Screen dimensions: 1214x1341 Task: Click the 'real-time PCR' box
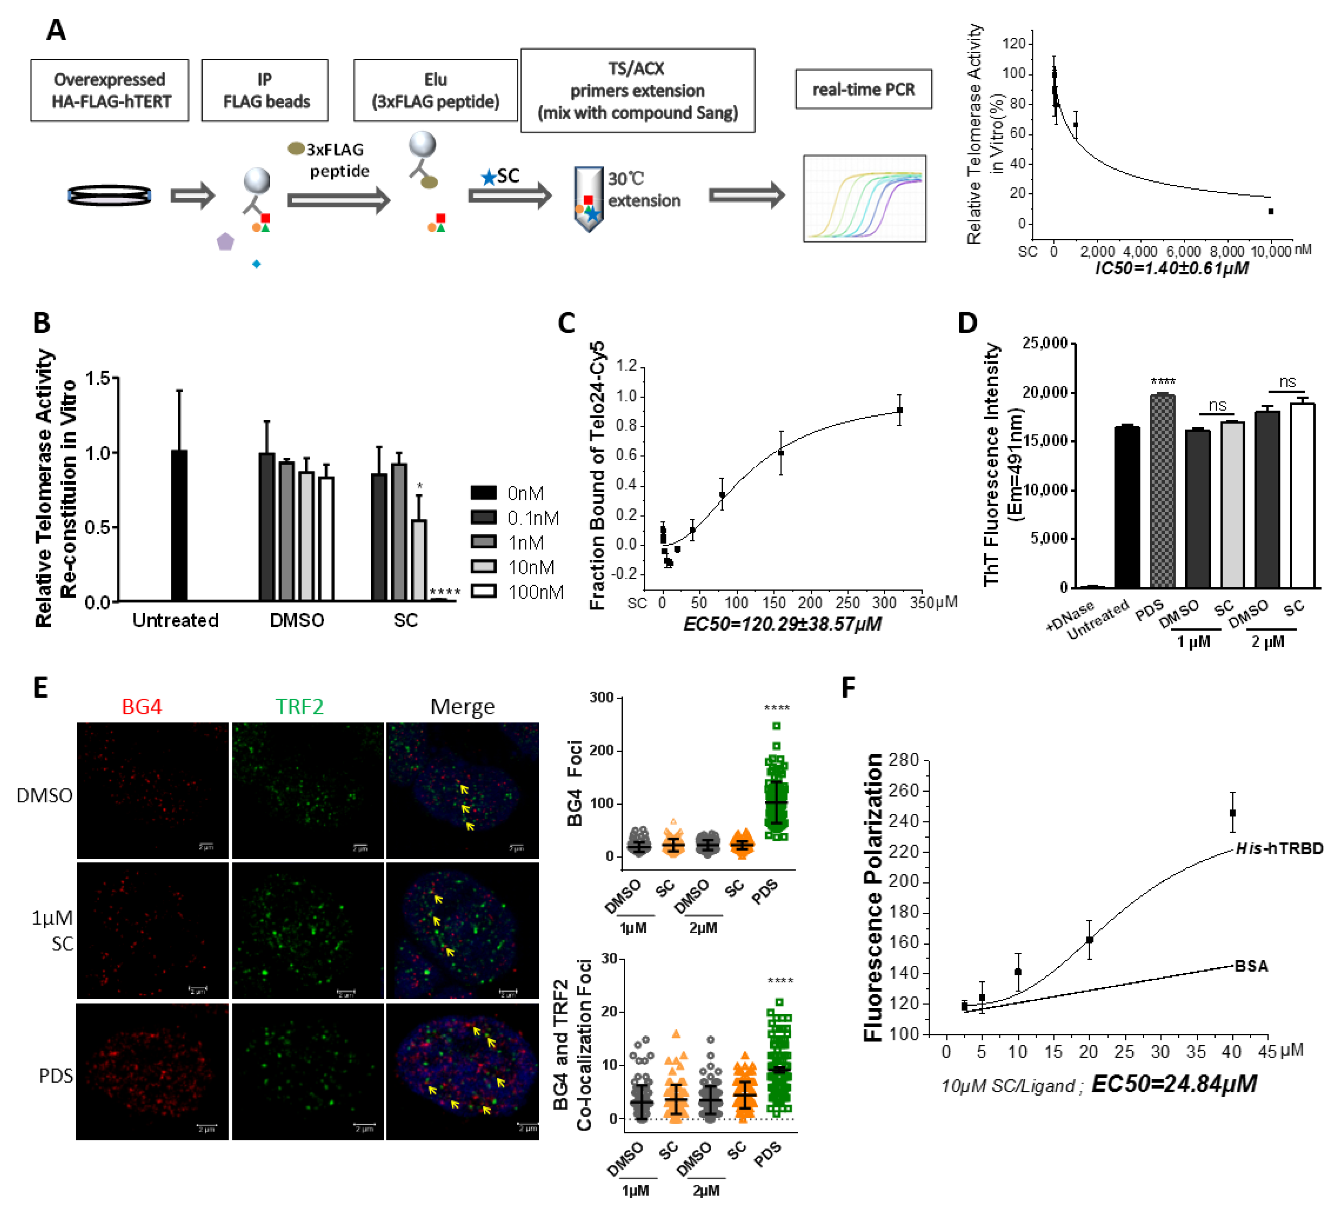point(863,89)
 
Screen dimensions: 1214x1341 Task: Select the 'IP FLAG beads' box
point(265,90)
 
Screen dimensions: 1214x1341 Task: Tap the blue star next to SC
point(489,177)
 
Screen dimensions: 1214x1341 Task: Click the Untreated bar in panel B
point(179,525)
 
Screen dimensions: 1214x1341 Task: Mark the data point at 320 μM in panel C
point(899,410)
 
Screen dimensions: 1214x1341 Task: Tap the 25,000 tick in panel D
point(1044,343)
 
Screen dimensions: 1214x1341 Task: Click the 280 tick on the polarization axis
point(903,760)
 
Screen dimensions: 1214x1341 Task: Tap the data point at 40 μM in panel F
point(1233,812)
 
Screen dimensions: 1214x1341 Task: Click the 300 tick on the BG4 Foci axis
point(602,697)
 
